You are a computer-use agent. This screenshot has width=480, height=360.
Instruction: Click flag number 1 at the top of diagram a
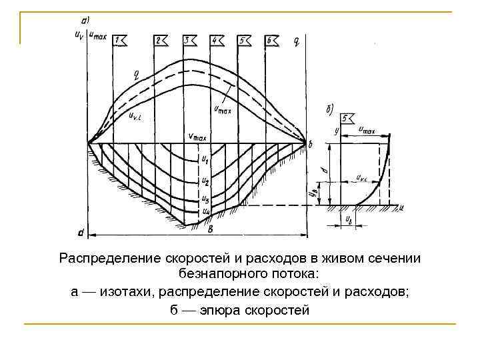pyautogui.click(x=120, y=41)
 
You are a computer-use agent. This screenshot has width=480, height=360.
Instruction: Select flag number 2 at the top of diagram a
pyautogui.click(x=161, y=41)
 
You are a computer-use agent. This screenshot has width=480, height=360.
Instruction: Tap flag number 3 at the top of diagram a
pyautogui.click(x=189, y=41)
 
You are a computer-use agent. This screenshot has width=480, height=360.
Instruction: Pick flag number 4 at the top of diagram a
pyautogui.click(x=216, y=41)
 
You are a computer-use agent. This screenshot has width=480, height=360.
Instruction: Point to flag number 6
pyautogui.click(x=271, y=41)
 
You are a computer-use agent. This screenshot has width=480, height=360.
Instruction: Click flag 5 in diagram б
pyautogui.click(x=347, y=119)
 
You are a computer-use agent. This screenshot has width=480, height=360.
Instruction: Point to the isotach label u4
pyautogui.click(x=206, y=211)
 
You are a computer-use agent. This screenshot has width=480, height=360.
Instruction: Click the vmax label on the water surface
pyautogui.click(x=197, y=137)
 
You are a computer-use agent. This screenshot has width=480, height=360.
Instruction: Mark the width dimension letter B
pyautogui.click(x=211, y=231)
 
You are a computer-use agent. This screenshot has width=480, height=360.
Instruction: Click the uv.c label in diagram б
pyautogui.click(x=363, y=178)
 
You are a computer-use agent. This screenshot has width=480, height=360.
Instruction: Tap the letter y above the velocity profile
pyautogui.click(x=338, y=131)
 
